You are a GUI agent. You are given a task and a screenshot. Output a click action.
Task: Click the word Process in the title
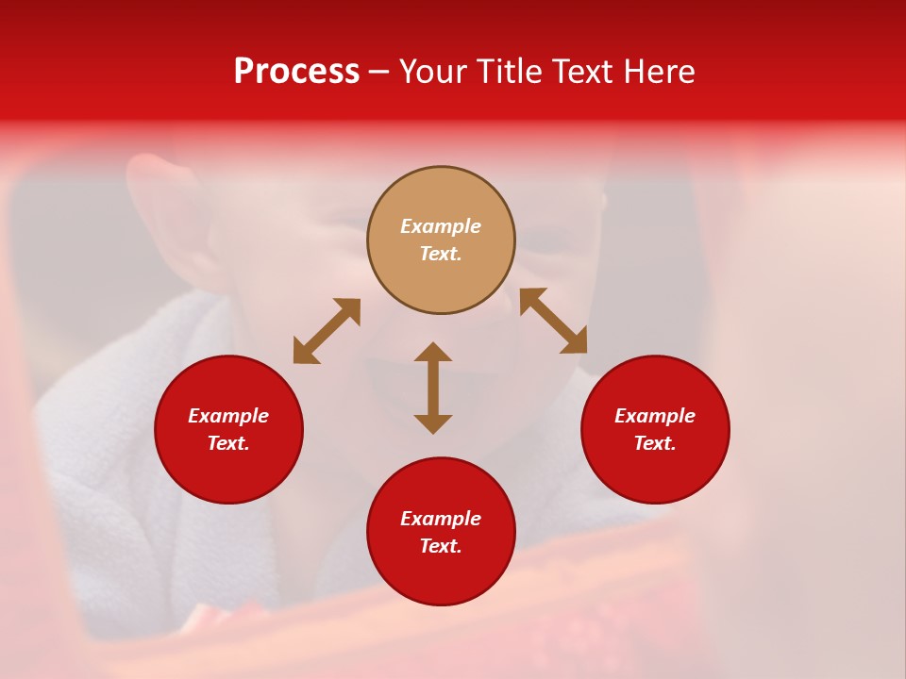coord(296,72)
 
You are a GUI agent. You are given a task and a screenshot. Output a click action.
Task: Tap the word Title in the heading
coord(513,72)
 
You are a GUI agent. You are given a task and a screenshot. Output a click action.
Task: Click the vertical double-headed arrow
coord(433,388)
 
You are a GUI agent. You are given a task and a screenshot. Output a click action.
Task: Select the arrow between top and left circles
coord(327,331)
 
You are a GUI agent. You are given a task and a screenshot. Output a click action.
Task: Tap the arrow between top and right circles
coord(553,321)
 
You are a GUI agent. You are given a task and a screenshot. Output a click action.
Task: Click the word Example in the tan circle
coord(441,226)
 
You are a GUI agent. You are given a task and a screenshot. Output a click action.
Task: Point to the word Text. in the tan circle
coord(441,254)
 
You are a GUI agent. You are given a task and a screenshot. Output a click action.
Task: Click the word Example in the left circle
coord(228,416)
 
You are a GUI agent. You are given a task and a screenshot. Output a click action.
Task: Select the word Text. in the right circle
coord(655,443)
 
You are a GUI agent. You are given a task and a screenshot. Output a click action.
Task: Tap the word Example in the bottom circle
coord(441,519)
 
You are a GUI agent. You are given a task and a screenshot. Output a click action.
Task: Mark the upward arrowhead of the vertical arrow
coord(433,352)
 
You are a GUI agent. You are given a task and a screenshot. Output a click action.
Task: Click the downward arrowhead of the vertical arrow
coord(433,423)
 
